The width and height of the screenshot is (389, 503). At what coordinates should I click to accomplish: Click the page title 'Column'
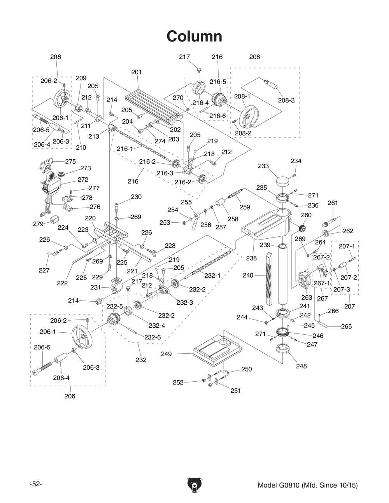tap(194, 37)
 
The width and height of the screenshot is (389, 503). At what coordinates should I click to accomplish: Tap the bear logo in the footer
tap(194, 486)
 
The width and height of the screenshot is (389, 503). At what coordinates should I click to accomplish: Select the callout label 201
tap(137, 72)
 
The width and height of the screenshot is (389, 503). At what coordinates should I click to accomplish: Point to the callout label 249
tap(166, 354)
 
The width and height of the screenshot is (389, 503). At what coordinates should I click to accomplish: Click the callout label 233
tap(263, 166)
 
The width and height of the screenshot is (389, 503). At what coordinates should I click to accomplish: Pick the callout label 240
tap(248, 275)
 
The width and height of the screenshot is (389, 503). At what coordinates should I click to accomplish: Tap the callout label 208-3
tap(286, 100)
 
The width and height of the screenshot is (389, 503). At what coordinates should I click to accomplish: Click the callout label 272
tap(83, 180)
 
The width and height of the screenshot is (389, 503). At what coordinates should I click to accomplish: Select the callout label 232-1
tap(212, 275)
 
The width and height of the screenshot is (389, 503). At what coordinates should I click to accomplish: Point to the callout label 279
tap(38, 224)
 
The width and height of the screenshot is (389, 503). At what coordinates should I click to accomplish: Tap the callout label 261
tap(333, 203)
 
